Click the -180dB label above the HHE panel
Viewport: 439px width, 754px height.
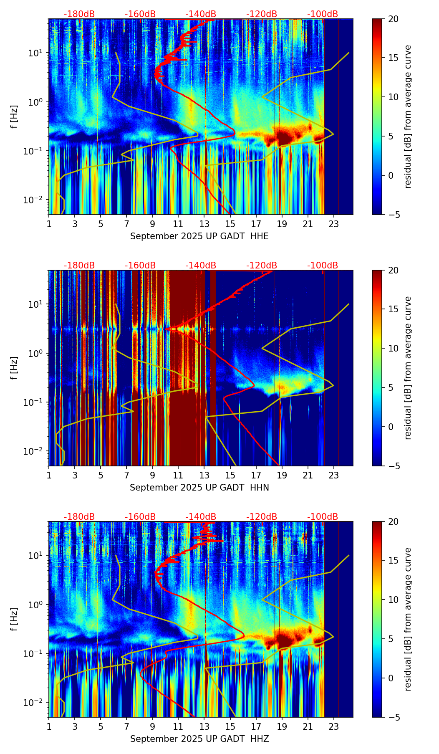point(79,14)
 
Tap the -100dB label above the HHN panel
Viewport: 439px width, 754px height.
point(323,266)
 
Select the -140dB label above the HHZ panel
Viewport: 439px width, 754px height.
point(201,517)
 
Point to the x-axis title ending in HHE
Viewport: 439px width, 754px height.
point(199,236)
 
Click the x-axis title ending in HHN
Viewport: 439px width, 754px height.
point(199,488)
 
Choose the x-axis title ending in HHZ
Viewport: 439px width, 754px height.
point(199,739)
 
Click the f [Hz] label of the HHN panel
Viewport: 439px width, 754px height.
point(14,368)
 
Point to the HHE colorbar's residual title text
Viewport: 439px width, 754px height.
point(408,116)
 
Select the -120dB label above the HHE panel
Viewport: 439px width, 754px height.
point(262,14)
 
